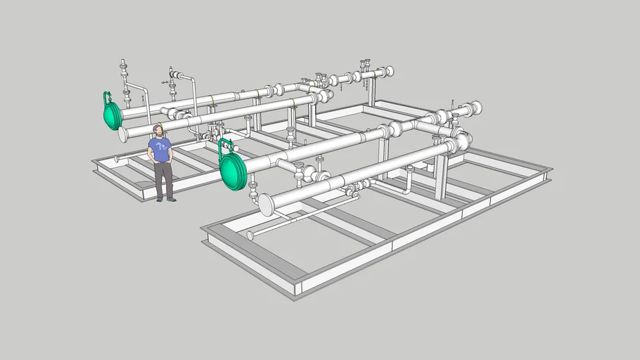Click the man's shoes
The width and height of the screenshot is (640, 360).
click(x=166, y=199)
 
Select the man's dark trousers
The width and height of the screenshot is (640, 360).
click(x=163, y=179)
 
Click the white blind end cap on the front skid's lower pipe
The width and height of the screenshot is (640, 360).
click(x=267, y=205)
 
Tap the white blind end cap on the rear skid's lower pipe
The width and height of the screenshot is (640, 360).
click(x=123, y=134)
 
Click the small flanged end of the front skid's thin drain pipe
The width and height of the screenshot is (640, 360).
click(x=249, y=236)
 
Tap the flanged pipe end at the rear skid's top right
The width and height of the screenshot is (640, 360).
click(x=388, y=71)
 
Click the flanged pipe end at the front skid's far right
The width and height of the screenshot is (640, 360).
click(x=477, y=108)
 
